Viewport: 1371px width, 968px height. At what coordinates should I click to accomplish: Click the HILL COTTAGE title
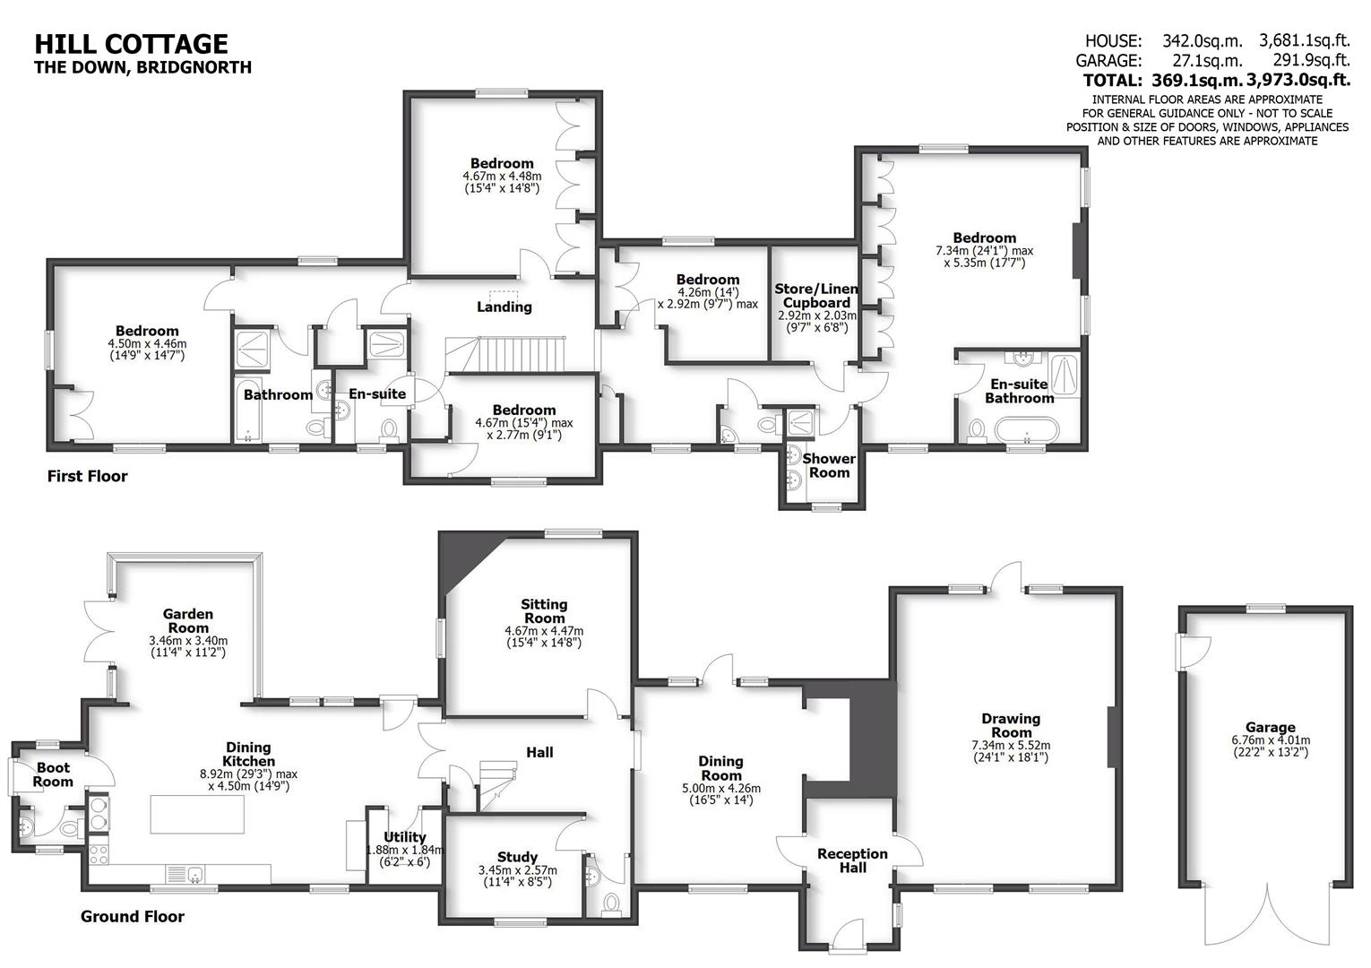131,43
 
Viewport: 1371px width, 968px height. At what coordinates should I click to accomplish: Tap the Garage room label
1270,728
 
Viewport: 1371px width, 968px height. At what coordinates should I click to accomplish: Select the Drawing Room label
1011,725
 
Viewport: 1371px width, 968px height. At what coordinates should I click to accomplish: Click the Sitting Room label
544,610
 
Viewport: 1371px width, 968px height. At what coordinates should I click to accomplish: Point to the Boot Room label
53,774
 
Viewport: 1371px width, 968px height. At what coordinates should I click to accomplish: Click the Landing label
504,307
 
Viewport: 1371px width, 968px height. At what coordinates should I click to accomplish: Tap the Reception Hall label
852,860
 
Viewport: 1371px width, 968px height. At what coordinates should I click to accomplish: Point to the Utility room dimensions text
404,856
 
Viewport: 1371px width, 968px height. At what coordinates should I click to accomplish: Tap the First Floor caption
87,476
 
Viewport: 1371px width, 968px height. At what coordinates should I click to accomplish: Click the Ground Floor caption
133,916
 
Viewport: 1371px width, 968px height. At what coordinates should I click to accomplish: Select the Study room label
517,857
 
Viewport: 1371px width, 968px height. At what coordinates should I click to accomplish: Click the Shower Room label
829,465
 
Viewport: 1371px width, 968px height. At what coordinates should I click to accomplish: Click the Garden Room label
188,620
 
